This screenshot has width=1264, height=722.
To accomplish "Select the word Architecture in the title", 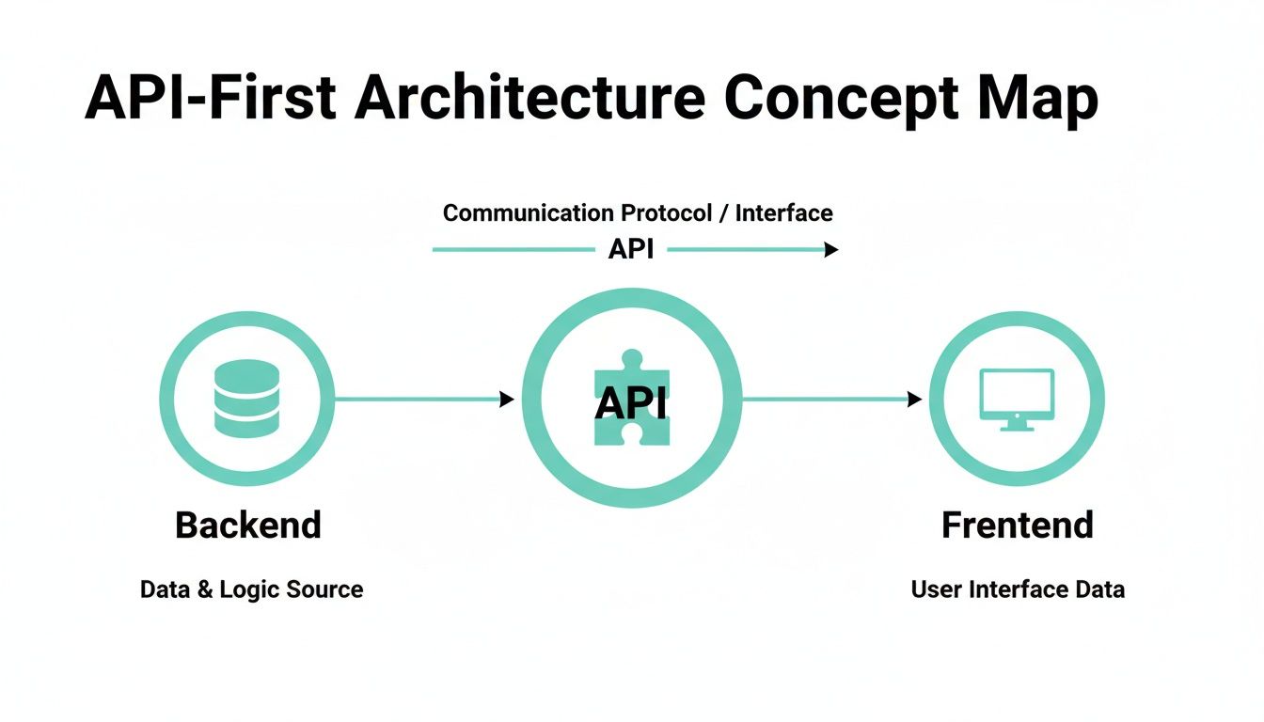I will (x=530, y=97).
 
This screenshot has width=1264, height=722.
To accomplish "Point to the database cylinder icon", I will (x=246, y=399).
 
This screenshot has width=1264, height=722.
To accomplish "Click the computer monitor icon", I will (x=1017, y=399).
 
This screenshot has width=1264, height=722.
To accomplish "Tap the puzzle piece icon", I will (x=631, y=399).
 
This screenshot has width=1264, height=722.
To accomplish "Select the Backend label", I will (x=248, y=525).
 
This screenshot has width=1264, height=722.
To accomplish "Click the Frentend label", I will (x=1017, y=525).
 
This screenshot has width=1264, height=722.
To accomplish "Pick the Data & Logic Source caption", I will (x=251, y=590).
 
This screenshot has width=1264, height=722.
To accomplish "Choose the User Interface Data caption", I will (x=1018, y=590).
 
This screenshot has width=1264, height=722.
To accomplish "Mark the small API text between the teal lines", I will (x=631, y=249).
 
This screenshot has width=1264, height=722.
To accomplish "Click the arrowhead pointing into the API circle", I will (x=507, y=400).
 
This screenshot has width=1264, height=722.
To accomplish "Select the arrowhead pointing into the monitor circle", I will (x=914, y=400).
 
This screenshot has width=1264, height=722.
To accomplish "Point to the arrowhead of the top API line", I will (x=830, y=250).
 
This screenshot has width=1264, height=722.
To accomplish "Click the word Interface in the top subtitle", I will (x=783, y=213).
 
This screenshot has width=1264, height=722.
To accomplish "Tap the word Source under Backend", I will (x=324, y=590).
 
